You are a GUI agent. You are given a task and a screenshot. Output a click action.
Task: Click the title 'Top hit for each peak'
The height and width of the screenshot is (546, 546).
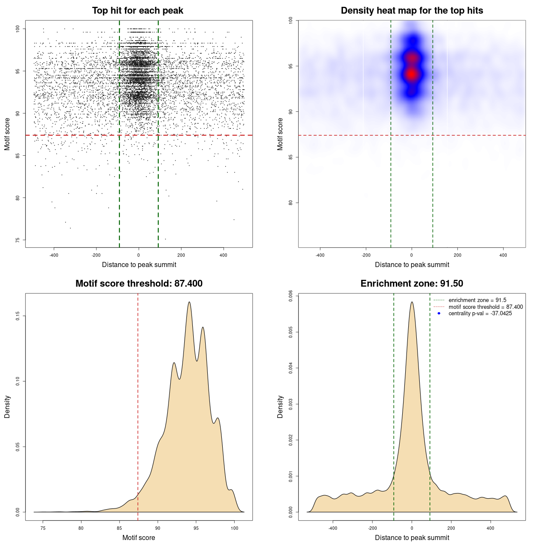[137, 11]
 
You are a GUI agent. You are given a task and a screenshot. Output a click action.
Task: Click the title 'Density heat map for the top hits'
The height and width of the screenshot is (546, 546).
[412, 11]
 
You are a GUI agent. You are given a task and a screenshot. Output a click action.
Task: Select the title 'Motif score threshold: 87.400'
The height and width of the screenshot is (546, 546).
[139, 284]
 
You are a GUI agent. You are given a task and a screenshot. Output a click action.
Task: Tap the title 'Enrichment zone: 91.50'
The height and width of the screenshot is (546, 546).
[412, 284]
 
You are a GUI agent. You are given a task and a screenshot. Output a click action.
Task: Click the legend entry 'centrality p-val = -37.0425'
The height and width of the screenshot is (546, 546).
[480, 314]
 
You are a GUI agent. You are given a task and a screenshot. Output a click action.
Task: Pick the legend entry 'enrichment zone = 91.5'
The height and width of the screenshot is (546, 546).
[477, 300]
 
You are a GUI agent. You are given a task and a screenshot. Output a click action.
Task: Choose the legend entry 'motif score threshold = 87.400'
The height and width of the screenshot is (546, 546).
[485, 307]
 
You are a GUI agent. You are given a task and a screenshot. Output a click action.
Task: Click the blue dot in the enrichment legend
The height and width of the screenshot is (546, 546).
[439, 314]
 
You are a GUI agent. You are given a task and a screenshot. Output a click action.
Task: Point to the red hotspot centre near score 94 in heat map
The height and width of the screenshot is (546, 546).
[411, 74]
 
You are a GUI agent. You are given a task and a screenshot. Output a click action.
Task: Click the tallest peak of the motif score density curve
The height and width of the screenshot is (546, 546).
[189, 302]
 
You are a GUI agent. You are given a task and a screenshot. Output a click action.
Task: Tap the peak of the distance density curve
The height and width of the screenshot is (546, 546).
[412, 302]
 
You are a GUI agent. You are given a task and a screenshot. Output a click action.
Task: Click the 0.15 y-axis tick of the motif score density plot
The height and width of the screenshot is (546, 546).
[18, 316]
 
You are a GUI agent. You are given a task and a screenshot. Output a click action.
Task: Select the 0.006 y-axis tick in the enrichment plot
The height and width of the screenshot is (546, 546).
[291, 296]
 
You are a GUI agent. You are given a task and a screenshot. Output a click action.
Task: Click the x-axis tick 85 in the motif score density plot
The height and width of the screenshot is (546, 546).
[119, 528]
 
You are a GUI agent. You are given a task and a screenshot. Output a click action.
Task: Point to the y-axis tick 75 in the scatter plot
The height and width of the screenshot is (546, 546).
[18, 240]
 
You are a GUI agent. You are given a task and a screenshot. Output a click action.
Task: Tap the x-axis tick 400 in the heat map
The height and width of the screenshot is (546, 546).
[503, 255]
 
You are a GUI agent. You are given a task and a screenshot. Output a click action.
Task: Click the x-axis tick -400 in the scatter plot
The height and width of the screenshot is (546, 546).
[54, 255]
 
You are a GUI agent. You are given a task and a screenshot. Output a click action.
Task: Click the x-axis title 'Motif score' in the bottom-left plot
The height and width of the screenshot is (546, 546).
[139, 537]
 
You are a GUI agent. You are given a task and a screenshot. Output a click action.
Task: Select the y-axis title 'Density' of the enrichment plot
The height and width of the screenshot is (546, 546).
[280, 407]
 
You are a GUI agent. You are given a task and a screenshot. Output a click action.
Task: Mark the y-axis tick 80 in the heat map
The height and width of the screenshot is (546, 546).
[291, 203]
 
